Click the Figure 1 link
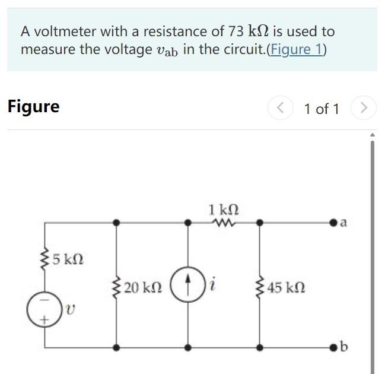click(296, 49)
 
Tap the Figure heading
click(33, 107)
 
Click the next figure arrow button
click(364, 108)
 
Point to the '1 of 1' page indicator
click(321, 109)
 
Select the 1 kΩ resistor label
click(224, 210)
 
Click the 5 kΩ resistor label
click(68, 259)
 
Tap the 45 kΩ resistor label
click(286, 288)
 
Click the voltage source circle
click(40, 308)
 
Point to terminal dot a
click(335, 223)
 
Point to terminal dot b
click(335, 347)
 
